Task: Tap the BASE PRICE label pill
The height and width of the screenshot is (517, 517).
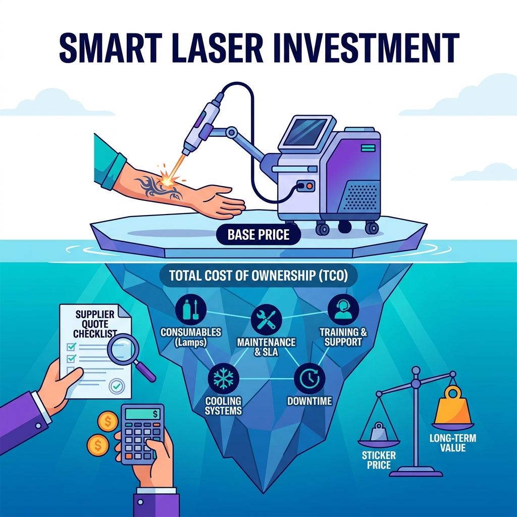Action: point(258,235)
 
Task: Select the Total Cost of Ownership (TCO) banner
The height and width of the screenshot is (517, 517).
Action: point(258,276)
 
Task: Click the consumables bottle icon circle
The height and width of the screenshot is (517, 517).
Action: point(190,309)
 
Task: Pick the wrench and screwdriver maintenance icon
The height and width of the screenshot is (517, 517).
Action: point(266,320)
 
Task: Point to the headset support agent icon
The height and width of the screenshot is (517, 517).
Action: point(343,309)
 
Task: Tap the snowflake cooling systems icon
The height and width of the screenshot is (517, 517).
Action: point(224,379)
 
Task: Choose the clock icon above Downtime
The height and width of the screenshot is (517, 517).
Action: point(309,379)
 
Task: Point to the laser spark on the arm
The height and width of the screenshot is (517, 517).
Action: point(167,175)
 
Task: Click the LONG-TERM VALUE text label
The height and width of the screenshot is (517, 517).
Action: point(453,443)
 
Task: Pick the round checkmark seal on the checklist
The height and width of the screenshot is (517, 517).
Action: point(117,386)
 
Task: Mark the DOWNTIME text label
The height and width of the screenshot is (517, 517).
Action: point(309,401)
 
